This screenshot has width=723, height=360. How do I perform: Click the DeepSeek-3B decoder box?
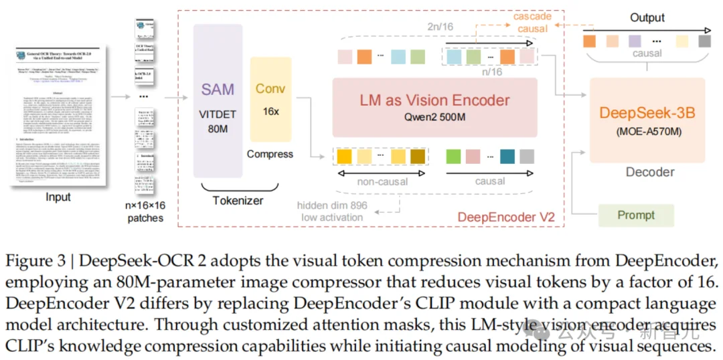tap(647, 120)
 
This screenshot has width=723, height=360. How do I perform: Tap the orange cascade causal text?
tap(533, 22)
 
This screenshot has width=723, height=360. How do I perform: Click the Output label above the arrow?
tap(647, 17)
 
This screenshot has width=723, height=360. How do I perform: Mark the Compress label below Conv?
tap(270, 154)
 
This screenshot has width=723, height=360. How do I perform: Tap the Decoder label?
tap(649, 172)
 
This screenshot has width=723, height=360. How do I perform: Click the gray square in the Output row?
tap(704, 41)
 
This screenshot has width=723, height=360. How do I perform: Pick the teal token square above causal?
tap(507, 157)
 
